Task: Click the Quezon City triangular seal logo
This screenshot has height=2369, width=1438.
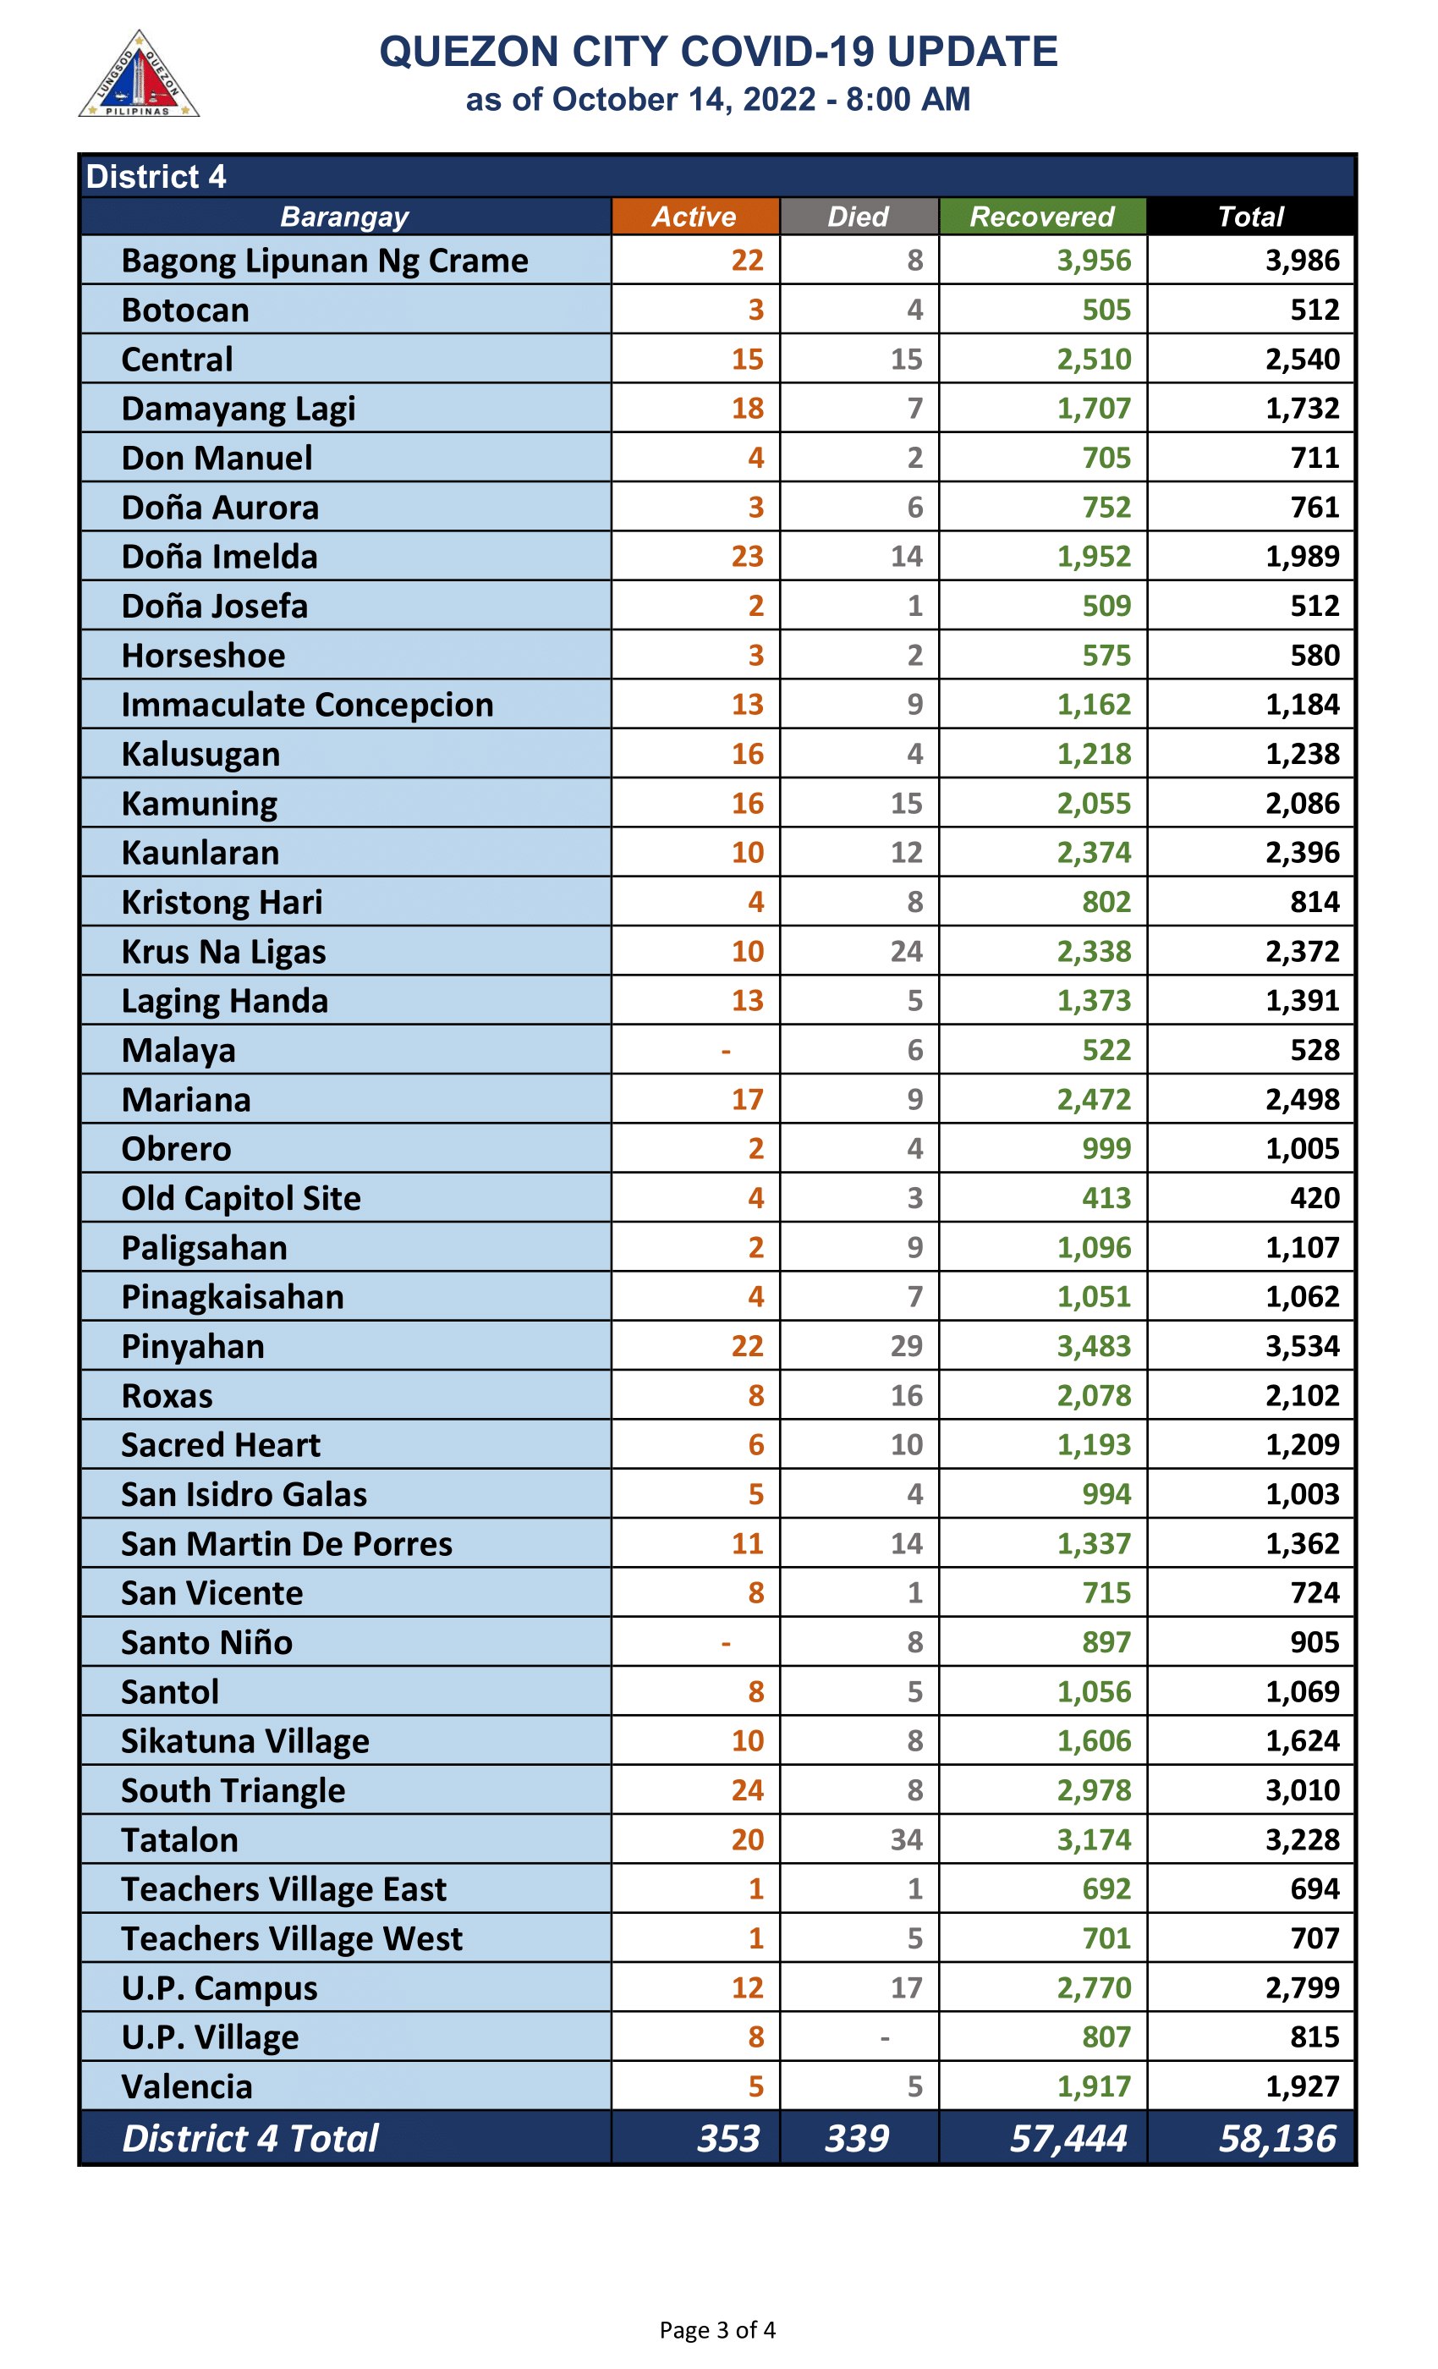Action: point(139,76)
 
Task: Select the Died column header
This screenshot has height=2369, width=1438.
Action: point(859,217)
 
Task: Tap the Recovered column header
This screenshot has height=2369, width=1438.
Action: point(1042,217)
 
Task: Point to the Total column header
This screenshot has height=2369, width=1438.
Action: point(1250,217)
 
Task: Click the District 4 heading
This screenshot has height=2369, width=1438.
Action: point(156,177)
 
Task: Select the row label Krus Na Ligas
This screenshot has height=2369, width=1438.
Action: point(224,952)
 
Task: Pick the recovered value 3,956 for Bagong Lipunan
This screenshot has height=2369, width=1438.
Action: point(1094,261)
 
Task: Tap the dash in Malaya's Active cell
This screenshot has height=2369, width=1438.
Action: point(726,1051)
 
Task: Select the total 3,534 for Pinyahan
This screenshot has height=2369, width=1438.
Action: point(1302,1347)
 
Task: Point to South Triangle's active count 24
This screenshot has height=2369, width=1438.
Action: point(747,1791)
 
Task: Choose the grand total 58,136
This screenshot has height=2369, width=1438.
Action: point(1276,2139)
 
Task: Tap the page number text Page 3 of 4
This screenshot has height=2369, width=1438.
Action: point(717,2331)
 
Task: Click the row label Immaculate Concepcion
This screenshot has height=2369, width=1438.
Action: point(308,705)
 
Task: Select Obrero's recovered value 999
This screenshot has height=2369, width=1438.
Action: point(1106,1149)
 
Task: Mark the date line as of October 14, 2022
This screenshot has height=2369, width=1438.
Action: point(718,99)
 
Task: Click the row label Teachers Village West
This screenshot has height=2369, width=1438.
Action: point(292,1939)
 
